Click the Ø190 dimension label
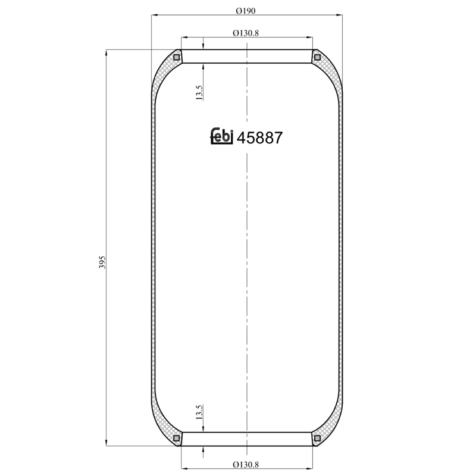click(246, 11)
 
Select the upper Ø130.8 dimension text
click(246, 33)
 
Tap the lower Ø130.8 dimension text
click(246, 465)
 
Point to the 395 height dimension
click(102, 262)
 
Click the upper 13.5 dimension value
click(199, 93)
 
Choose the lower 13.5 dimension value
click(199, 412)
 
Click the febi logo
click(222, 136)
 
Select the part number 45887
click(259, 138)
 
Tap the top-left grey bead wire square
click(176, 57)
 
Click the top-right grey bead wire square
click(317, 57)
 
